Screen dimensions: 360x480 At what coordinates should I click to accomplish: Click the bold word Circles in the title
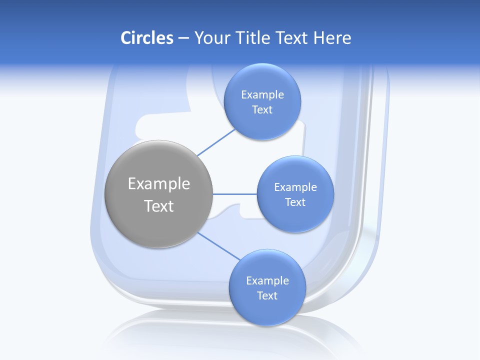click(x=146, y=38)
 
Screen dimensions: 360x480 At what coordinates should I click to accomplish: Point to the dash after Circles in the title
click(x=183, y=38)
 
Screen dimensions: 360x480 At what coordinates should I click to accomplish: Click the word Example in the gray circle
click(x=159, y=184)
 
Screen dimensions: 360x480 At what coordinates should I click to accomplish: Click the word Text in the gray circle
click(x=159, y=206)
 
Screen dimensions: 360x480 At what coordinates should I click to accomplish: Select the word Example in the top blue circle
click(x=262, y=95)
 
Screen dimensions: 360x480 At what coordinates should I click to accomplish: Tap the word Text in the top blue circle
click(x=262, y=110)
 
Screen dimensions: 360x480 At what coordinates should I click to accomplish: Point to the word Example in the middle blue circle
click(x=295, y=187)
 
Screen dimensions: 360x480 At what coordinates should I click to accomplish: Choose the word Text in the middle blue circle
click(x=295, y=202)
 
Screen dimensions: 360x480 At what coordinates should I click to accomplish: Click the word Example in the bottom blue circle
click(x=267, y=281)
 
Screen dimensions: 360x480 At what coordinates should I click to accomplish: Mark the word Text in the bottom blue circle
click(x=267, y=296)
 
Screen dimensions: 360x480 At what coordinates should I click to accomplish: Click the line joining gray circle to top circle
click(x=216, y=142)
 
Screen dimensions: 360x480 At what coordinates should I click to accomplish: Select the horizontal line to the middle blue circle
click(x=234, y=194)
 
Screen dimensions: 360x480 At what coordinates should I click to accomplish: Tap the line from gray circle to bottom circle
click(x=219, y=246)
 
